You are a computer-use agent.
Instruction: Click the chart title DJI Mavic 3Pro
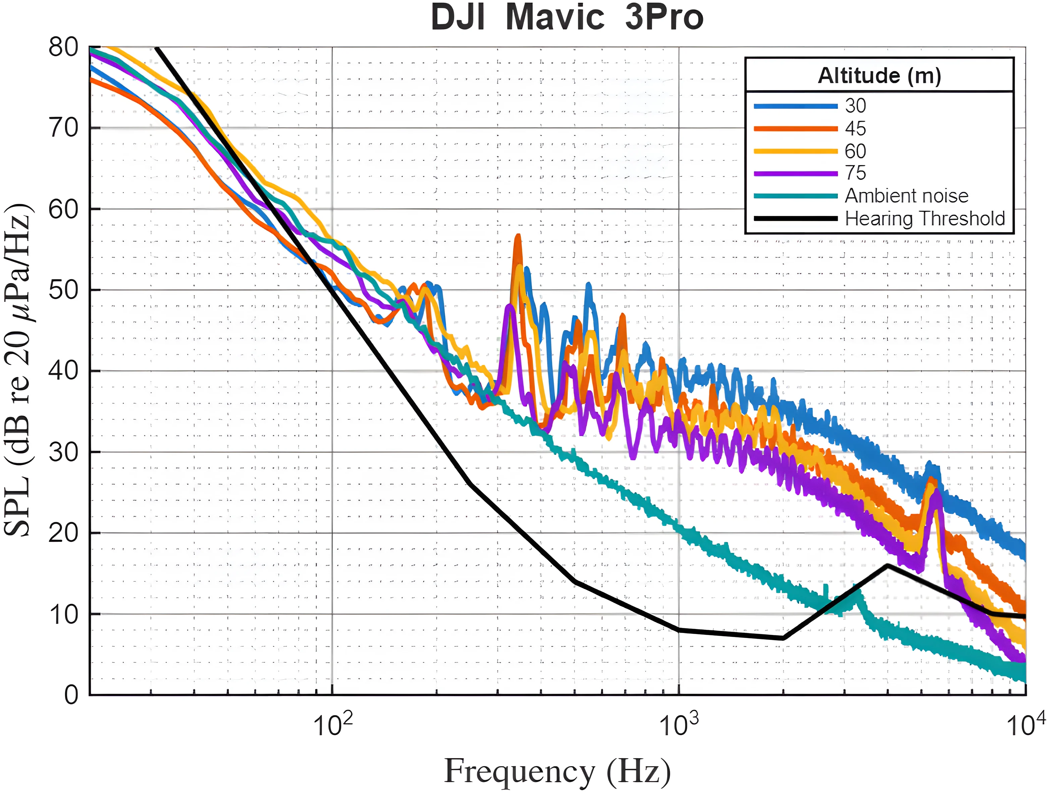(x=567, y=18)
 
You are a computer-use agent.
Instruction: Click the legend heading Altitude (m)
(x=879, y=75)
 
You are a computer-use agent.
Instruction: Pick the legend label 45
(x=855, y=128)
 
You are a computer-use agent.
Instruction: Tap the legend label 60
(x=855, y=151)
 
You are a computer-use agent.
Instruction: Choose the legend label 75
(x=855, y=173)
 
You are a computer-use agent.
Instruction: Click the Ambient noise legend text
(x=906, y=196)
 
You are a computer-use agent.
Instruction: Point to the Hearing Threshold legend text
(x=925, y=218)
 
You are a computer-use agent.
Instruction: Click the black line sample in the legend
(x=796, y=218)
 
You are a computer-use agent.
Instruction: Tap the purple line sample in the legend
(x=796, y=173)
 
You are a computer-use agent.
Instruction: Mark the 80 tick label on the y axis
(x=64, y=48)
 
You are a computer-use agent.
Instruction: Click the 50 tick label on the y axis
(x=64, y=290)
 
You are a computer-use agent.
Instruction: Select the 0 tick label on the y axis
(x=71, y=695)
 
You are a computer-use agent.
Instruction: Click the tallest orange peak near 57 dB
(x=518, y=236)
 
